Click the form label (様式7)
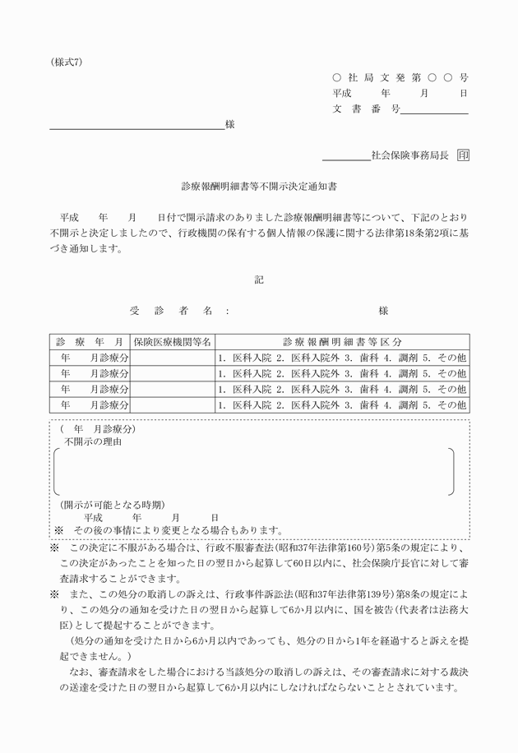[66, 62]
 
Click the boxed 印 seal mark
[464, 154]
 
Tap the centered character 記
[259, 280]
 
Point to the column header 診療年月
[90, 341]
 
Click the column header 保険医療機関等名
[172, 341]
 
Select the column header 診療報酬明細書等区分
[341, 341]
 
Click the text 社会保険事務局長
[409, 154]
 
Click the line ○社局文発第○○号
[400, 77]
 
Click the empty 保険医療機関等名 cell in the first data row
[172, 358]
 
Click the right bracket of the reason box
[451, 472]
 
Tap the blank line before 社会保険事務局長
[345, 158]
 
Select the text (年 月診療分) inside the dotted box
[99, 429]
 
